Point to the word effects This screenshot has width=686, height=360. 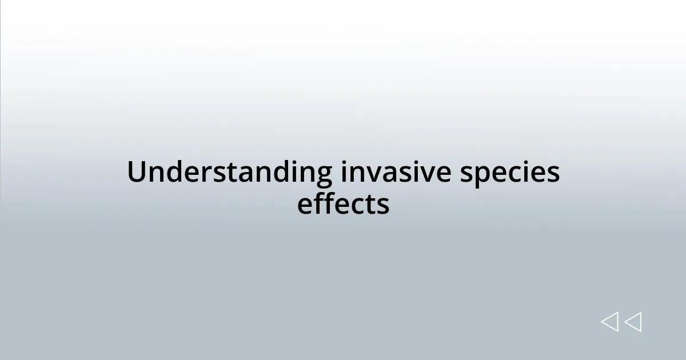[343, 204]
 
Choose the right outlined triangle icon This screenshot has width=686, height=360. [633, 322]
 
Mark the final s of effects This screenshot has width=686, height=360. [383, 206]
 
